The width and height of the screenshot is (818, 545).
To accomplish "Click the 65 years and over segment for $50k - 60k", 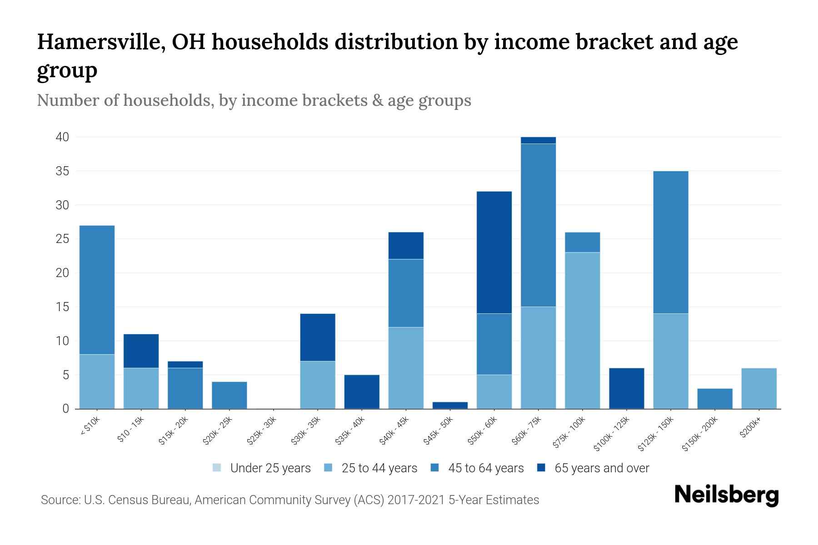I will [x=494, y=253].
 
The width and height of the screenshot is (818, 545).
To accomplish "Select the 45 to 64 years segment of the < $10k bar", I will [x=97, y=290].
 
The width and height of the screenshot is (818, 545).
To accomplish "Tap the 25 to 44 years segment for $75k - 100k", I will [x=582, y=331].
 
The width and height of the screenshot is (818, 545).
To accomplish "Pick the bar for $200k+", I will [x=758, y=388].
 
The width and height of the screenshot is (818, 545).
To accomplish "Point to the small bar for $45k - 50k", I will [x=450, y=405].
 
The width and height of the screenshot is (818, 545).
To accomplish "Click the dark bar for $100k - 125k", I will [x=626, y=388].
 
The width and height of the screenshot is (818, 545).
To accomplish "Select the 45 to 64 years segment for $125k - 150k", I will [x=670, y=242].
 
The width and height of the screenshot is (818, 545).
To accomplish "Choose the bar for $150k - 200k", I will [x=714, y=398].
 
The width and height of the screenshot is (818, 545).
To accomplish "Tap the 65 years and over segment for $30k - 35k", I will [x=318, y=337].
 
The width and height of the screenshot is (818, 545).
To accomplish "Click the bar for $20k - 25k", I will [x=229, y=395].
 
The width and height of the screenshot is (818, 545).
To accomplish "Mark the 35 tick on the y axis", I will [x=62, y=171].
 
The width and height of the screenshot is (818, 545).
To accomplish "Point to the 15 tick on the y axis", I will [x=62, y=307].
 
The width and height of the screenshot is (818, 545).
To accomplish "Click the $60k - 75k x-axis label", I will [x=527, y=431].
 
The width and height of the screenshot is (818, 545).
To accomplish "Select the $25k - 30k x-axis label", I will [x=262, y=431].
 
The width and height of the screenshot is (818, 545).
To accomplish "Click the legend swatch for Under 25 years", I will [x=217, y=468].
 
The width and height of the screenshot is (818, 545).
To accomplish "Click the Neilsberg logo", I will [x=726, y=495].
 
